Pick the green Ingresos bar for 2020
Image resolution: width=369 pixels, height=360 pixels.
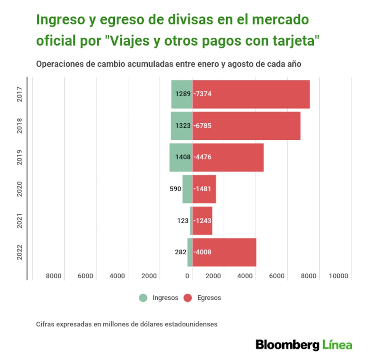pos(187,189)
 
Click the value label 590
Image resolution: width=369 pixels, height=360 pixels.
pos(176,189)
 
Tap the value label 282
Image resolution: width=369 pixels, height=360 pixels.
pos(180,252)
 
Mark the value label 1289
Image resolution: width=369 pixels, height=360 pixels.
pos(183,94)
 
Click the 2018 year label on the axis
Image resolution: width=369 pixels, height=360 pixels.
pos(20,126)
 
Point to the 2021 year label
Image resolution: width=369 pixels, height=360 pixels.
pos(20,221)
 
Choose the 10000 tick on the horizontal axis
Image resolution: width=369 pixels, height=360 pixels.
pos(339,276)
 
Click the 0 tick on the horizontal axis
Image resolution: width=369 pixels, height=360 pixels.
pos(187,276)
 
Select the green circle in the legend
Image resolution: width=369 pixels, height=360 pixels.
pos(143,298)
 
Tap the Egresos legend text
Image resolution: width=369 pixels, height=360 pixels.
pos(209,298)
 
